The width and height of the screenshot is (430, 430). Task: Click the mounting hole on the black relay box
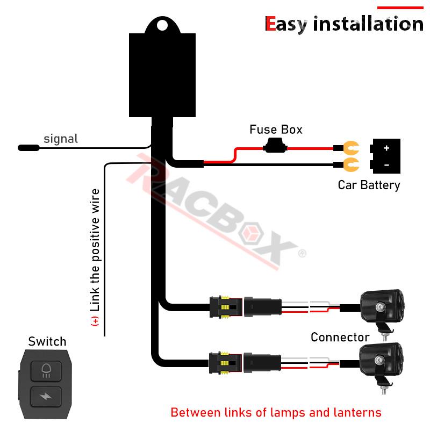point(162,25)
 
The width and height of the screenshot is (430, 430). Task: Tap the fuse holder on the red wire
point(275,146)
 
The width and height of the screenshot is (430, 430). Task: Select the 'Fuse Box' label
point(276,130)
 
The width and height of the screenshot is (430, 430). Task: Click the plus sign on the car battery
point(386,148)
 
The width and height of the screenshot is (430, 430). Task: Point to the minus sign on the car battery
point(386,165)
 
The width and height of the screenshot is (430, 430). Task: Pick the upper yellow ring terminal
point(351,148)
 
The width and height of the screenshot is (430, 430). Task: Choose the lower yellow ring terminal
point(351,164)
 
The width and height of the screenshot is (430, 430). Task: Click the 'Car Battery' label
point(369,185)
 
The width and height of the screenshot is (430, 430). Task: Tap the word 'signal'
point(61,139)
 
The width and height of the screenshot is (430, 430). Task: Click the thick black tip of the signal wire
point(29,148)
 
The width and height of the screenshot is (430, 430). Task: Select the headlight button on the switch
point(46,371)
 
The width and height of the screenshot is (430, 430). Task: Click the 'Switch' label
point(47,341)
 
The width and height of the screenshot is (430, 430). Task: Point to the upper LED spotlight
point(382,310)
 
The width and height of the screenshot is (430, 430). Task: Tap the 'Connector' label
point(340,338)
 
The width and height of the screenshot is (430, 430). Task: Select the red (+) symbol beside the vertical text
point(95,321)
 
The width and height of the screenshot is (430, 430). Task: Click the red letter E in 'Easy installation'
point(270,24)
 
